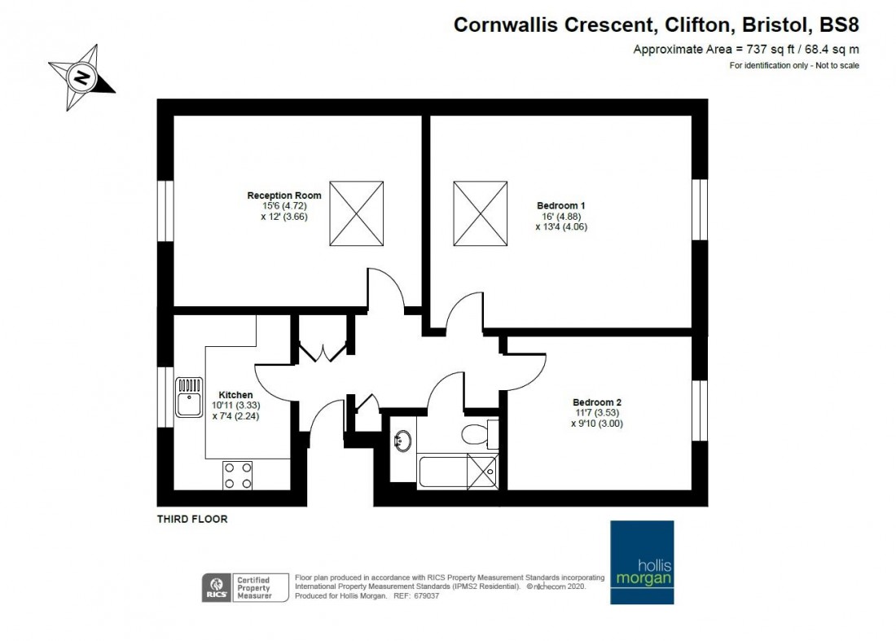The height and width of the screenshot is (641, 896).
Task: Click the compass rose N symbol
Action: click(x=81, y=77)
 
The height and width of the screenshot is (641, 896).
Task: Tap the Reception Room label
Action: click(x=284, y=195)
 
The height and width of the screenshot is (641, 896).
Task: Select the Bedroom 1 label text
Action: click(x=560, y=206)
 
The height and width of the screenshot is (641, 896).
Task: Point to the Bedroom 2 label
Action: click(x=596, y=402)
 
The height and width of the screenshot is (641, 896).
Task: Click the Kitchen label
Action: click(x=235, y=395)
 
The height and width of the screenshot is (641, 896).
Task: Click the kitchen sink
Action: click(x=189, y=397)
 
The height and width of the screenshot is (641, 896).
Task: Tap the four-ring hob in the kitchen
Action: click(x=238, y=476)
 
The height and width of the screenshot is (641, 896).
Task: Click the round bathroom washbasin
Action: click(x=403, y=441)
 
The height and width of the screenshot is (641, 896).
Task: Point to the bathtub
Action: click(x=458, y=472)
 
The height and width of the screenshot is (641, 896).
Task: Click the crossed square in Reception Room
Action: click(x=356, y=213)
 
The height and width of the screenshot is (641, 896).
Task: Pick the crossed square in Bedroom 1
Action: click(x=480, y=213)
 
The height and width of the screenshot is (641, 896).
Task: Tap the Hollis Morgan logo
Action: click(x=642, y=562)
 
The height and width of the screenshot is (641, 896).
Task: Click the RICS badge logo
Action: click(x=217, y=588)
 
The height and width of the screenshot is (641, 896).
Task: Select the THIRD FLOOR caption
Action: click(x=192, y=519)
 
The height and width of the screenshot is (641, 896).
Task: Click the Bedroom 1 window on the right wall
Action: click(x=700, y=209)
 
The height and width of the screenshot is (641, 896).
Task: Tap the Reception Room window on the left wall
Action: click(x=165, y=211)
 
